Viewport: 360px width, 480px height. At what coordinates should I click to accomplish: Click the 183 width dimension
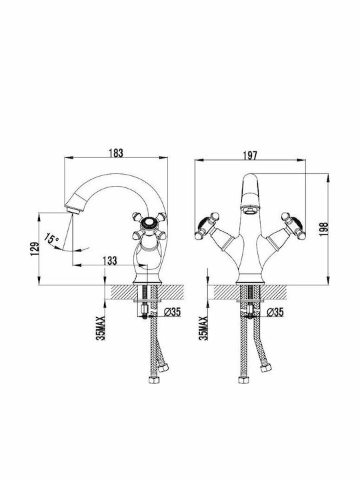(x=116, y=153)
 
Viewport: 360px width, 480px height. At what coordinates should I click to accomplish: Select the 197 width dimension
(x=250, y=155)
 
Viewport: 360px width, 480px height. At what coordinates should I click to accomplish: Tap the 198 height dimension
(x=323, y=229)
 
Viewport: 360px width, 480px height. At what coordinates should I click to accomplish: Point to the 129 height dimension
(x=35, y=249)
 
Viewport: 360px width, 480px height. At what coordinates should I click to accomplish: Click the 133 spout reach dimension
(x=109, y=261)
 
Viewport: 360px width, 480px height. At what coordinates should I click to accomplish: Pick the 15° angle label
(x=52, y=239)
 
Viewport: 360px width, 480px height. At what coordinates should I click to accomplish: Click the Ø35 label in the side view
(x=173, y=312)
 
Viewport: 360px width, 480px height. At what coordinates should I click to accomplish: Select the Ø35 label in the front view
(x=275, y=312)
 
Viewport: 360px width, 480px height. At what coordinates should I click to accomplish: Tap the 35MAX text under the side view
(x=101, y=328)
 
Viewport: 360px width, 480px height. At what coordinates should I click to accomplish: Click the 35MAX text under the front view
(x=203, y=328)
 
